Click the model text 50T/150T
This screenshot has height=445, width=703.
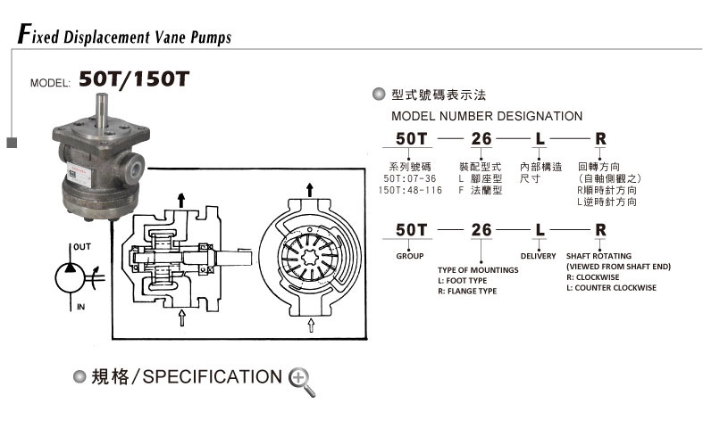pyautogui.click(x=134, y=78)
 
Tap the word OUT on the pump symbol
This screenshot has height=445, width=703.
pyautogui.click(x=81, y=246)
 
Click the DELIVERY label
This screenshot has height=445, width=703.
pyautogui.click(x=538, y=256)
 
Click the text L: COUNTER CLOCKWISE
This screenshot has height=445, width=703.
pyautogui.click(x=611, y=288)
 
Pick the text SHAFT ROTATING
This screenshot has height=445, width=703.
pyautogui.click(x=599, y=256)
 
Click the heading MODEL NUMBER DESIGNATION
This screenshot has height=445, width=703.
pyautogui.click(x=487, y=116)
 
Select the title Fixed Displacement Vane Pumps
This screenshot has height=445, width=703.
pyautogui.click(x=124, y=37)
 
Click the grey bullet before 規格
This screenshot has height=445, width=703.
pyautogui.click(x=80, y=375)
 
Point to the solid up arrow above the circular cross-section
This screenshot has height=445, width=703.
pyautogui.click(x=310, y=188)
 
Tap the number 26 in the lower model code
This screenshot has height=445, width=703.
pyautogui.click(x=481, y=230)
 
